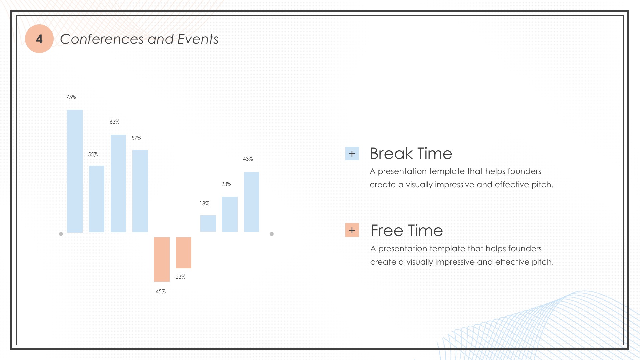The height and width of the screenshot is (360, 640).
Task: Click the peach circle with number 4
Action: tap(39, 39)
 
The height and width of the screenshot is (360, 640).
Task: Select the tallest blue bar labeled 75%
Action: tap(75, 171)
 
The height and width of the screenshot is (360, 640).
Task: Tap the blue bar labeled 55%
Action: tap(97, 199)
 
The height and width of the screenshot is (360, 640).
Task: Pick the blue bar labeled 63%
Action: tap(118, 183)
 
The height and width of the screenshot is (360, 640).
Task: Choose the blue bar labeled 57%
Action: tap(140, 191)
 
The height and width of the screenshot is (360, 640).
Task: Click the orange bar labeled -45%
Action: tap(162, 259)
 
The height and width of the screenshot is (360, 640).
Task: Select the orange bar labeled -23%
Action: tap(184, 253)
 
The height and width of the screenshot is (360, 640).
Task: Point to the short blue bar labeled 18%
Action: tap(208, 223)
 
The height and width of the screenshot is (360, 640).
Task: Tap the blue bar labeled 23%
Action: tap(230, 214)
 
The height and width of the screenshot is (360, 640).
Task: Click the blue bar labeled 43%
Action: tap(252, 202)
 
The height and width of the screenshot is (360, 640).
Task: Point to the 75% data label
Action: tap(71, 97)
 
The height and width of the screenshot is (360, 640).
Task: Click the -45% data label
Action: tap(160, 291)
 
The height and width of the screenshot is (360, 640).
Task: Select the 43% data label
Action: tap(248, 159)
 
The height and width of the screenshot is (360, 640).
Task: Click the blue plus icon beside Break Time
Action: tap(352, 154)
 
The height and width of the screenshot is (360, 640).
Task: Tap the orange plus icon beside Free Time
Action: tap(352, 230)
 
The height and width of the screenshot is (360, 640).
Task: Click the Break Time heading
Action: tap(411, 154)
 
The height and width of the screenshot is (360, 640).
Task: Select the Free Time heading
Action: tap(407, 230)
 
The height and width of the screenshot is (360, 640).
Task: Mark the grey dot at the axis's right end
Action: tap(272, 234)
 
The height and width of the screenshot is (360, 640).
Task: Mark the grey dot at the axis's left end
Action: tap(61, 234)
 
